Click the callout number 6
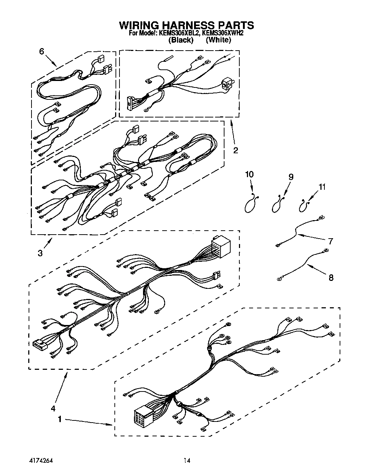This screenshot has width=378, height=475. coord(42,51)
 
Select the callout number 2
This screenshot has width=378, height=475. coord(235,150)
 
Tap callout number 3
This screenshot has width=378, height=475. coord(40,253)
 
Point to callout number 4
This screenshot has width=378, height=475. coord(53,408)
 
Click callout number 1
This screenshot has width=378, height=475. coord(60,419)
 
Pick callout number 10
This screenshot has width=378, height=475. coord(249,174)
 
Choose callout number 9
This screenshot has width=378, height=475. coord(290,177)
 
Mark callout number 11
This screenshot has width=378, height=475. coord(322,187)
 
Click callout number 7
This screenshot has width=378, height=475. coord(331,241)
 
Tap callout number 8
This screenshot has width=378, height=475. coord(331,278)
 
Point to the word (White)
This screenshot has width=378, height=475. coord(218,40)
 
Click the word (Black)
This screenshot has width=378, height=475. coord(181,40)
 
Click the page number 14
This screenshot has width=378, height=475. coord(187,461)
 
